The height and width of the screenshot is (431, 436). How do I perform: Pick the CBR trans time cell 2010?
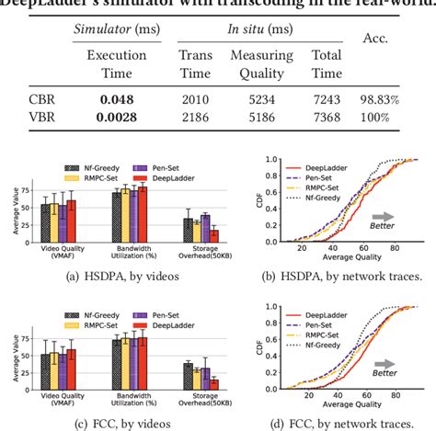[x=194, y=96]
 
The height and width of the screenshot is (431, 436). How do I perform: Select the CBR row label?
[x=36, y=96]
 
